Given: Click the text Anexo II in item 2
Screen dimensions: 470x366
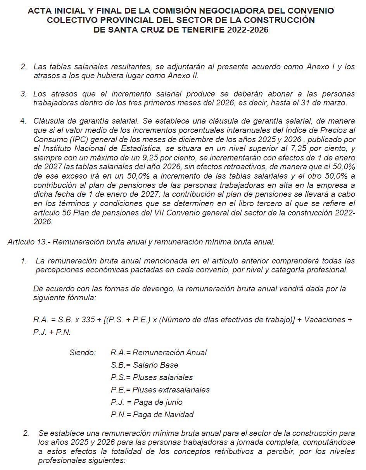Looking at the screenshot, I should click(x=185, y=76).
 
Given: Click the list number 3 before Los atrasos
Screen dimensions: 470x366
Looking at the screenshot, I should click(x=23, y=94).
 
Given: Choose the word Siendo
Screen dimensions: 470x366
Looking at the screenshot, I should click(x=83, y=353).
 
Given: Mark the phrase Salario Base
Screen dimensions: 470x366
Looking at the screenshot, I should click(x=155, y=365).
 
